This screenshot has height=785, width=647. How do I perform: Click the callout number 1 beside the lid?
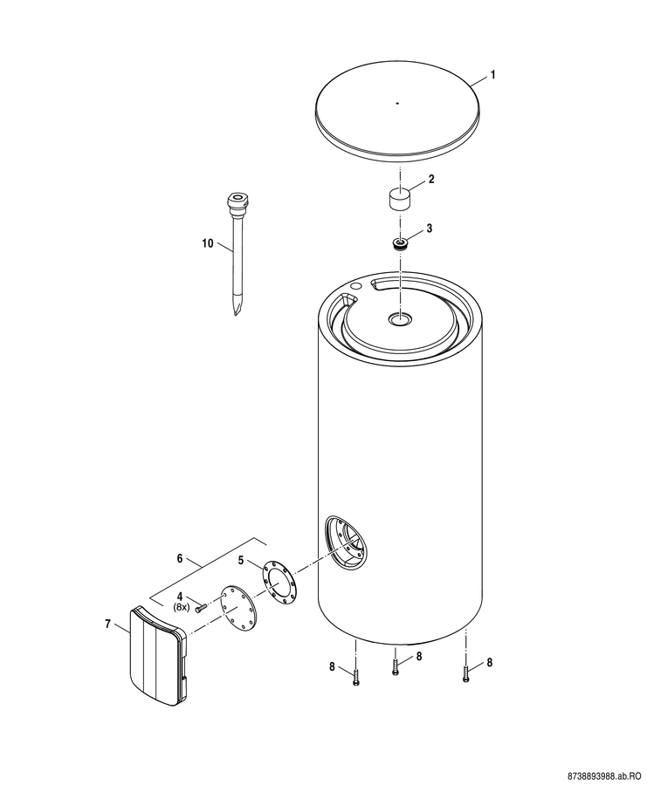click(492, 75)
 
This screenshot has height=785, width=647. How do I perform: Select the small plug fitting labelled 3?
click(400, 244)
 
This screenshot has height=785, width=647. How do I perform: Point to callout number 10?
click(208, 244)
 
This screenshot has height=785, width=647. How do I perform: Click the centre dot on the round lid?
click(397, 104)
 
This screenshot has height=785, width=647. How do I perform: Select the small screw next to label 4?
click(201, 608)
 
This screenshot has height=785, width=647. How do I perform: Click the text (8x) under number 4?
click(181, 607)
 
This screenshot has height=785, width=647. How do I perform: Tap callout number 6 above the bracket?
click(180, 558)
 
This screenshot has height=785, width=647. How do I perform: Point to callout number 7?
click(107, 624)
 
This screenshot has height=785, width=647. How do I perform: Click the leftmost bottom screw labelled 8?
click(356, 678)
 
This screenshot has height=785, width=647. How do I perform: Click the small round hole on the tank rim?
click(356, 285)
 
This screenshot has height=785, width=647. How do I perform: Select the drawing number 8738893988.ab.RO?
click(602, 775)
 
